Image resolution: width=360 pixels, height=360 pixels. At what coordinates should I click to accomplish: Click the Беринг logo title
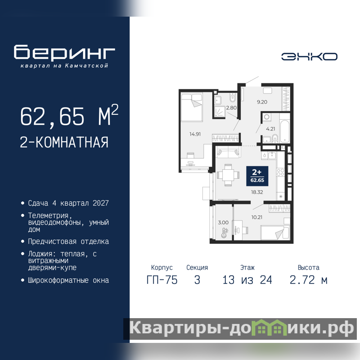coord(64,52)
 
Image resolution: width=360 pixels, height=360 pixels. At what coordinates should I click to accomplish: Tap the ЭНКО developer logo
coord(309,57)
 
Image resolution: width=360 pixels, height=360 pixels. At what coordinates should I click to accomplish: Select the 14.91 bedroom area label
coord(195,134)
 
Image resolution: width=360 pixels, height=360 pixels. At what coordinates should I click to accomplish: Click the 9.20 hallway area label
coord(262,102)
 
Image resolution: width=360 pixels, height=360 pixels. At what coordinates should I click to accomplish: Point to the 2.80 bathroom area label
coord(231,108)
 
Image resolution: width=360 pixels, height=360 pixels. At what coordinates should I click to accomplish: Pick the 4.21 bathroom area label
coord(270,129)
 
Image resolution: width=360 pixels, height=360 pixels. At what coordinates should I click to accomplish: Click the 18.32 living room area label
coord(257,192)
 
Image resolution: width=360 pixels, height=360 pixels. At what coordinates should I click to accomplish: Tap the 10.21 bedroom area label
coord(256,217)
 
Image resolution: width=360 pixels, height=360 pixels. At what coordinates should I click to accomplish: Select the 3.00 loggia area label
coord(223,222)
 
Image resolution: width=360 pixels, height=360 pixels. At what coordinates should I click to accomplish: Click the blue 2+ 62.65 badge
coord(257,176)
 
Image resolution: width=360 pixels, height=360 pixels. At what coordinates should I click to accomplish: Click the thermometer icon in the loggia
coord(225,233)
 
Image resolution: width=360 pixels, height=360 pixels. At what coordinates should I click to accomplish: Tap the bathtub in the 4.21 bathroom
coord(285,131)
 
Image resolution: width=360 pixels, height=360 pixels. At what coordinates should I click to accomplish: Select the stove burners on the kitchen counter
coord(280,172)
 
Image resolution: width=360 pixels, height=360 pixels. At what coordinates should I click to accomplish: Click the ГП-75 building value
coord(162,280)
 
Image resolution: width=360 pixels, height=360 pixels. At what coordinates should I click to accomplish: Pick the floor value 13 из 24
coord(247,280)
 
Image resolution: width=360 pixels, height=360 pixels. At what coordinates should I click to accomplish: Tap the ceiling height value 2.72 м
coord(308,280)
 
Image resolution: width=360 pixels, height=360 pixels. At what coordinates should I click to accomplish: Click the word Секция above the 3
coord(197,268)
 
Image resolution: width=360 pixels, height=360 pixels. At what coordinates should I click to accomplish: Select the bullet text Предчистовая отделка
coord(68,242)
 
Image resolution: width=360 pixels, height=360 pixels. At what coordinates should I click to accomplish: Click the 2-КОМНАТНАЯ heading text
coord(64,142)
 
